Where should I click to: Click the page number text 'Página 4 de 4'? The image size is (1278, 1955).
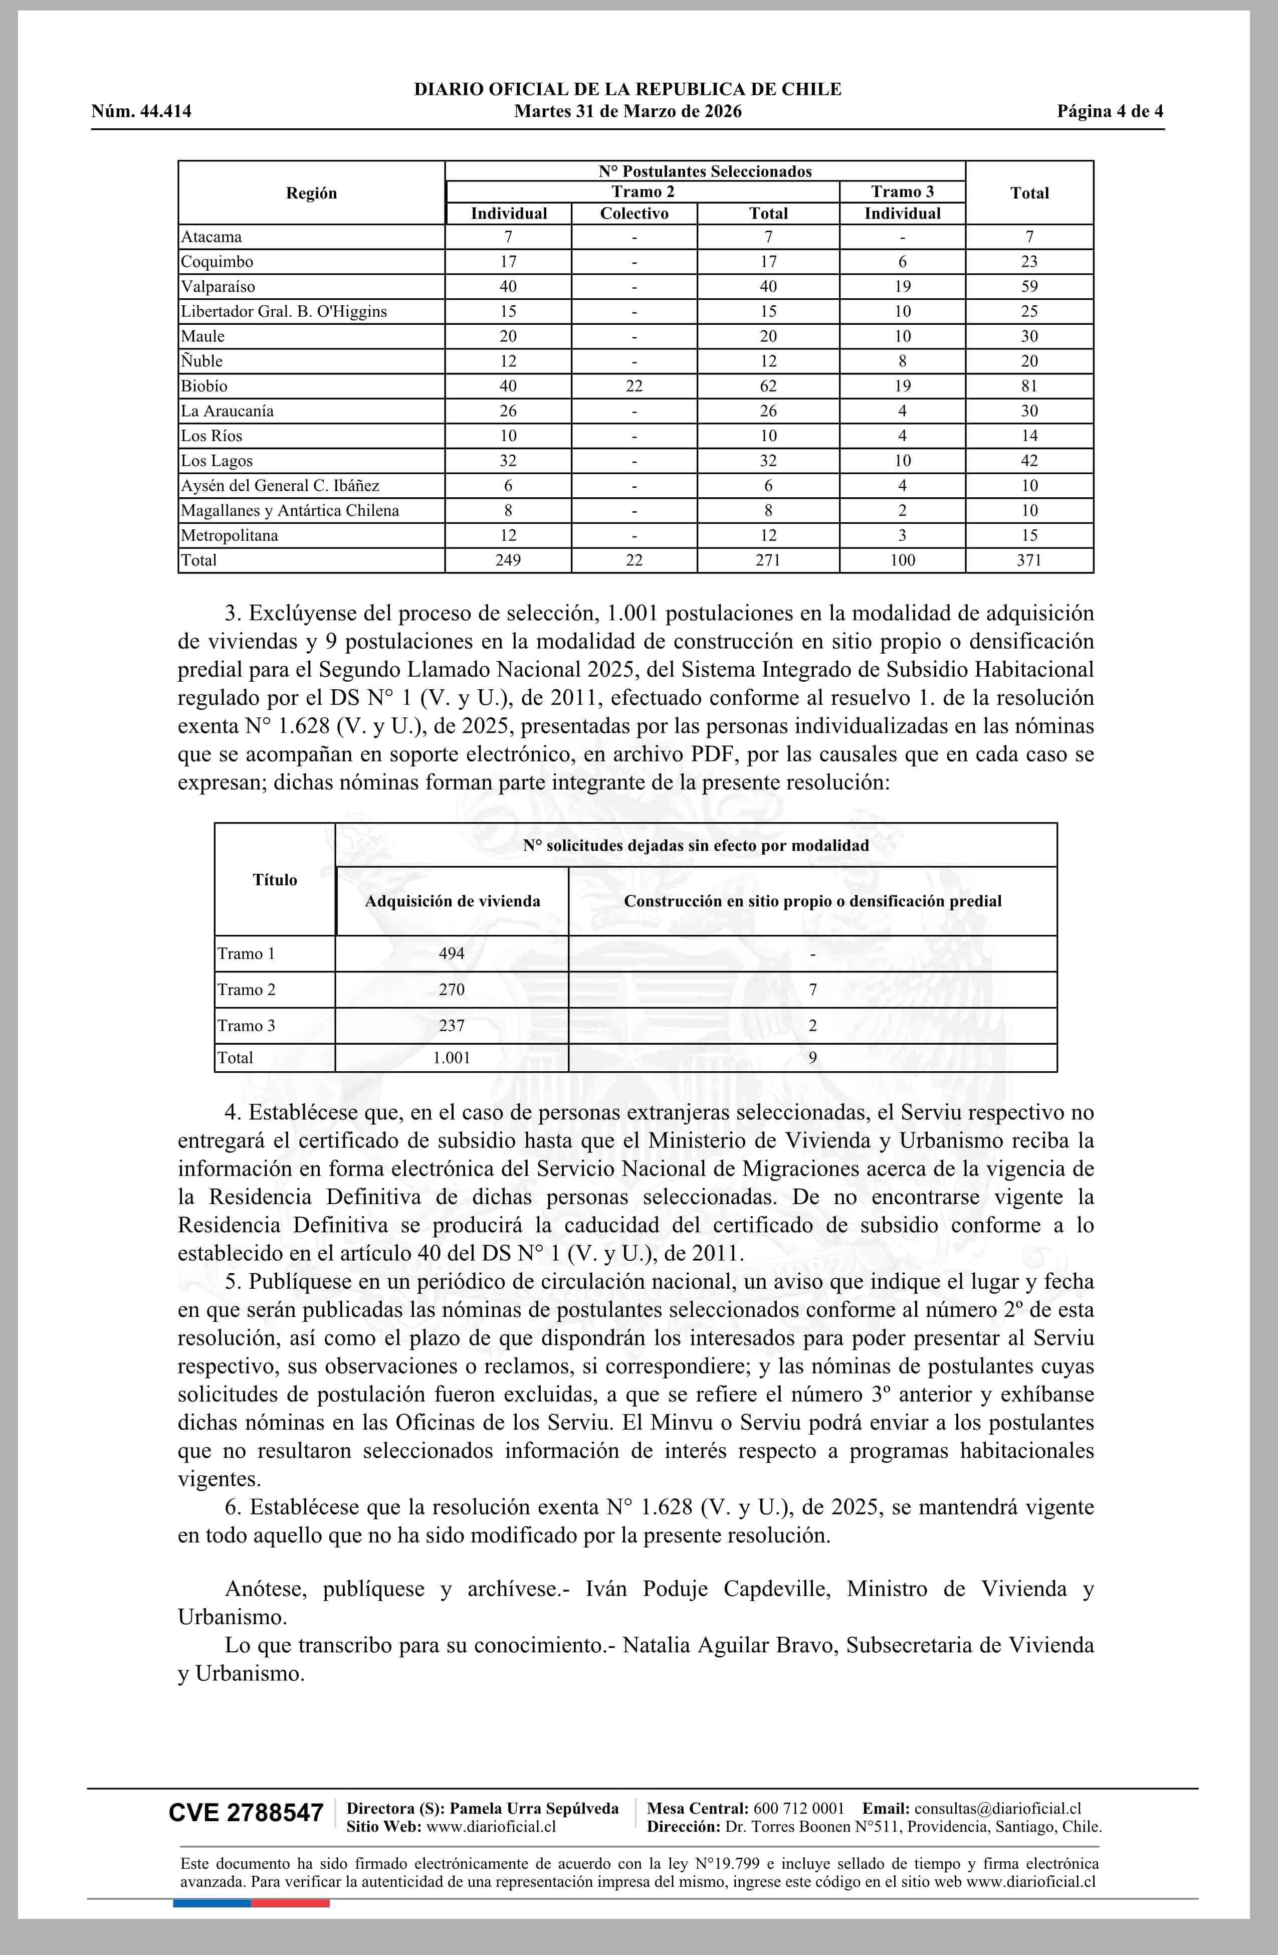1110,112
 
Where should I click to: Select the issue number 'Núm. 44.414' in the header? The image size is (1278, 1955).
141,112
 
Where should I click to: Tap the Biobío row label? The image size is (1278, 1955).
204,386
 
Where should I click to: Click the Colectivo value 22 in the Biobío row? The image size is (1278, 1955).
633,386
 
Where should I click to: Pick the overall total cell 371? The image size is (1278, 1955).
1028,560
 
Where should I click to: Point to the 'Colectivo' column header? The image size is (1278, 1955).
633,214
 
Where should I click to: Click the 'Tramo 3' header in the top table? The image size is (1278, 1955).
902,192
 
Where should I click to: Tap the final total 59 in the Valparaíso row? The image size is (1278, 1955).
1028,287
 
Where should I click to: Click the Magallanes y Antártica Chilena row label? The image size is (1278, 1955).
290,511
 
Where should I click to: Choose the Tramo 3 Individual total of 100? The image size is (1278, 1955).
902,560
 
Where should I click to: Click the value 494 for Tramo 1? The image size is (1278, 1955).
452,953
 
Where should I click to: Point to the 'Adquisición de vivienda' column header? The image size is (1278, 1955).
453,901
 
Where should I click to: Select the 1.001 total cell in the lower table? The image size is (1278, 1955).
452,1058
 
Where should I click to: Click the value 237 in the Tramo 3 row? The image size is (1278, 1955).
452,1026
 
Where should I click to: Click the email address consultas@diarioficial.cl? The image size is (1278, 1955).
997,1808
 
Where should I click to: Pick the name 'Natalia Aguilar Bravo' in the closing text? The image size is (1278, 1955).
730,1645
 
